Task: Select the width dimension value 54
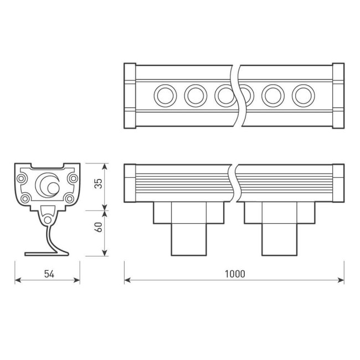[47, 274]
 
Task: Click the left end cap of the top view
[130, 96]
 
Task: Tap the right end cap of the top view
[338, 96]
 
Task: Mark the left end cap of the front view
[130, 182]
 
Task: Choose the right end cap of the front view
[338, 182]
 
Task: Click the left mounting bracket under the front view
[189, 228]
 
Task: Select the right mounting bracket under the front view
[280, 228]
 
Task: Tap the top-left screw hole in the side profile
[22, 179]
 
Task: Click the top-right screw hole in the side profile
[72, 179]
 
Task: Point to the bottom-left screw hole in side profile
[25, 198]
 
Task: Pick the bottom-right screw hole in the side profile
[68, 198]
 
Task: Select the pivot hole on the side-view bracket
[48, 220]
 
